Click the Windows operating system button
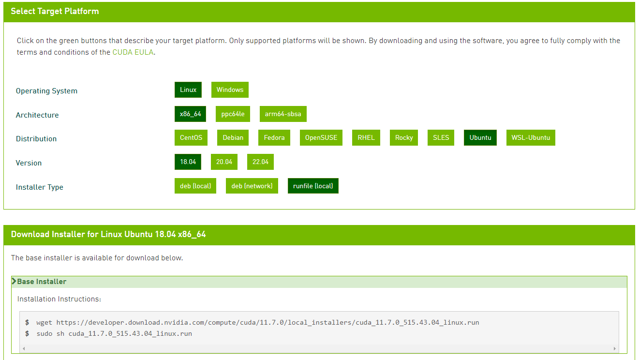click(230, 90)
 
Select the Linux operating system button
click(188, 90)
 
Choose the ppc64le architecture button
click(233, 114)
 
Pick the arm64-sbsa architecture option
click(283, 114)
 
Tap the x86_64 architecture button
click(190, 114)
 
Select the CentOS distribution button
click(191, 138)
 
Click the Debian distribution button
click(233, 138)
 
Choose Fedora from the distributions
click(274, 138)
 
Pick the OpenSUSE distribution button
click(321, 138)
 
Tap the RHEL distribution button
click(366, 138)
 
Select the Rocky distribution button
click(404, 138)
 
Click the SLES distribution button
click(441, 138)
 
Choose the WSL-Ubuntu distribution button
click(531, 138)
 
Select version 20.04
click(224, 162)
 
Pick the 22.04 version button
click(260, 162)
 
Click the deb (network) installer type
click(252, 186)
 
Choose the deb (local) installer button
click(195, 186)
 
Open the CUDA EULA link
click(133, 52)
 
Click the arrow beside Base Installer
click(14, 282)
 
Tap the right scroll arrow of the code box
click(615, 348)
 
